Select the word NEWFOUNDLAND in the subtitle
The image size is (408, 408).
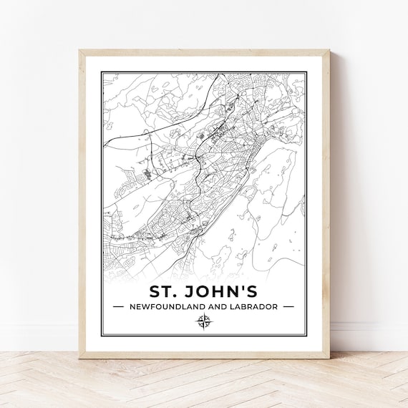pyautogui.click(x=164, y=306)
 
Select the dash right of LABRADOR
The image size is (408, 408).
pyautogui.click(x=288, y=306)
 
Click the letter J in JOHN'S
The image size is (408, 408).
pyautogui.click(x=193, y=292)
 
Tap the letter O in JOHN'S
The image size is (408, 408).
pyautogui.click(x=208, y=292)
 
